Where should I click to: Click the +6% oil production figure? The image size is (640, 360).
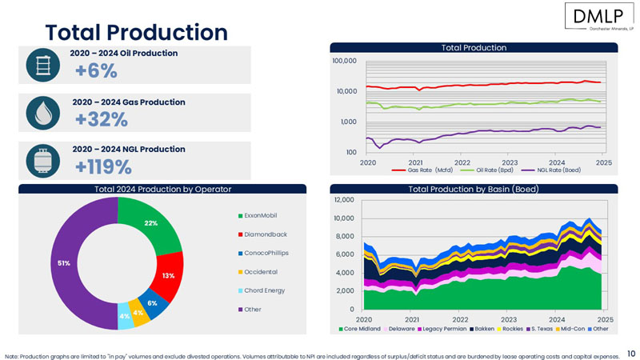96,71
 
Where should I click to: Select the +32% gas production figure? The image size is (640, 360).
102,119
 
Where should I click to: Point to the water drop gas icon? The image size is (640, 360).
39,113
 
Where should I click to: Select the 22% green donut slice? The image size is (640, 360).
150,225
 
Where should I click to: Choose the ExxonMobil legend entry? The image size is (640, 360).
261,216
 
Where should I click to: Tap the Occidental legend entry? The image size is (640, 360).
260,272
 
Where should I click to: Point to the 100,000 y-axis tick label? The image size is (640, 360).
344,61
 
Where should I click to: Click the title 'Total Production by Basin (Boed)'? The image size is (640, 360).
473,189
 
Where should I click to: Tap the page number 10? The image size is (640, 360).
631,352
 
